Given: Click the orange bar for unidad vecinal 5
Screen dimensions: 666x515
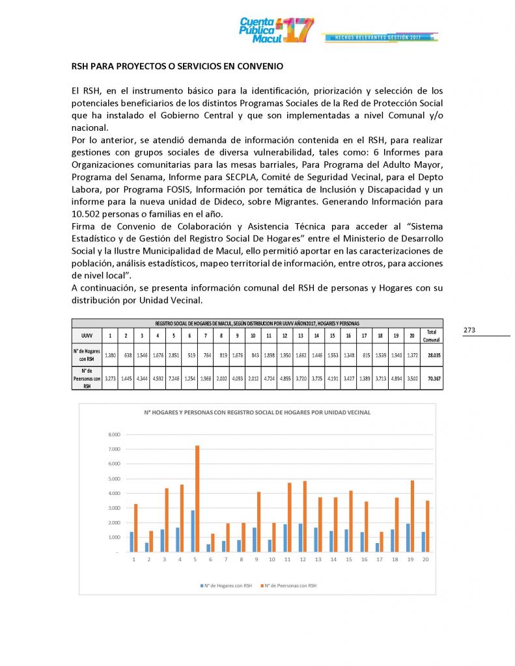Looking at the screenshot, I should click(197, 498).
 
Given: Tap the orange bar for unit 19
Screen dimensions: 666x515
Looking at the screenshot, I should click(413, 516).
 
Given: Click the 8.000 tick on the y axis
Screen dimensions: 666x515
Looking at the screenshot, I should click(114, 434).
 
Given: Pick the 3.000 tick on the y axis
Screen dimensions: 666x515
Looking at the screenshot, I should click(114, 508).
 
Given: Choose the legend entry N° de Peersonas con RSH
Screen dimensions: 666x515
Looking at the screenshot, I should click(290, 585).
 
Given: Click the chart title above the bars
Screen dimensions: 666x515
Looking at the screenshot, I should click(257, 413).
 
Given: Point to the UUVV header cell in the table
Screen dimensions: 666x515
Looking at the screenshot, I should click(86, 336).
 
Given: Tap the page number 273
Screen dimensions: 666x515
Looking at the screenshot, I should click(470, 330).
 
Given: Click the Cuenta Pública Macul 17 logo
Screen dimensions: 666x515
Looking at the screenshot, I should click(276, 30).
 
